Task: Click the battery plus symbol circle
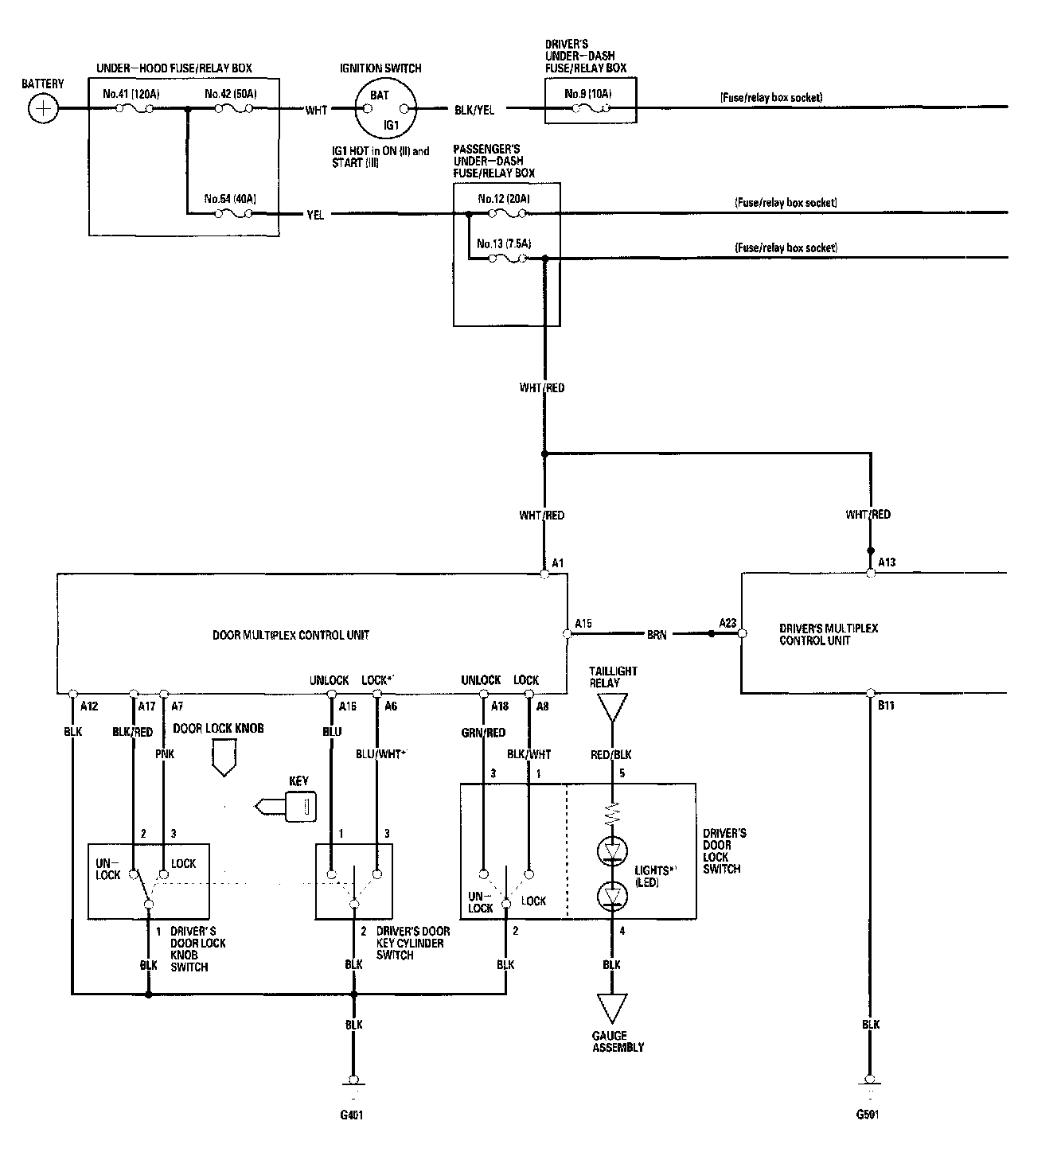pos(43,108)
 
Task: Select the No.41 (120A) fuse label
pos(131,94)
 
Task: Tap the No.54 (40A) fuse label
pos(230,199)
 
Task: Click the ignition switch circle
pos(385,108)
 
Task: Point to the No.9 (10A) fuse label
pos(588,94)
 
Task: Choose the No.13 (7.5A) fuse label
pos(504,243)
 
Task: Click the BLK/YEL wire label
pos(474,110)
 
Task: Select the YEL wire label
pos(315,215)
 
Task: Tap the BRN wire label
pos(657,635)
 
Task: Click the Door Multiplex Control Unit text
pos(291,635)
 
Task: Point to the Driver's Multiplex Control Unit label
pos(829,634)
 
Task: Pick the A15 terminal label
pos(583,623)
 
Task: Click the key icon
pos(287,806)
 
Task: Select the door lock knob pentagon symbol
pos(224,757)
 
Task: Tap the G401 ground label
pos(351,1115)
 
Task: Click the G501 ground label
pos(868,1114)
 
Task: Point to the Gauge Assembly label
pos(618,1041)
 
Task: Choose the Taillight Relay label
pos(613,676)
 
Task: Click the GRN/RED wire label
pos(483,732)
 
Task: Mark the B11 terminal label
pos(886,705)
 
